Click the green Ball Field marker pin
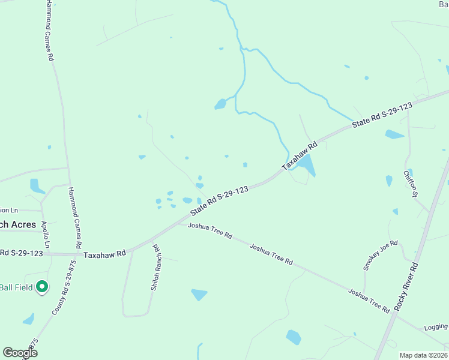[42, 287]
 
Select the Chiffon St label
[410, 184]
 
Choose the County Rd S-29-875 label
[64, 288]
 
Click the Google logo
[20, 353]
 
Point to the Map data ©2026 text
[424, 355]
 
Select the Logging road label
[436, 327]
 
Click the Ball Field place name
[16, 287]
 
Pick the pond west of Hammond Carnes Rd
[36, 186]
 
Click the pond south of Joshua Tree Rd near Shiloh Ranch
[199, 294]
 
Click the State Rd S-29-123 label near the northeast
[382, 115]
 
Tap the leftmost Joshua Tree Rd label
[210, 230]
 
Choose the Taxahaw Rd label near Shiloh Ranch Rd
[105, 254]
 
